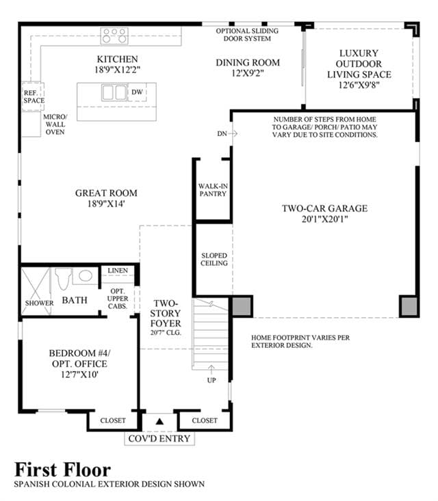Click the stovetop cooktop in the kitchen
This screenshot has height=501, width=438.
coord(114,36)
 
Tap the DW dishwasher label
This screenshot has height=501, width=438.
coord(137,92)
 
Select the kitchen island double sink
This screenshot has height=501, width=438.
coord(114,92)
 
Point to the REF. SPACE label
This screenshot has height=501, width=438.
coord(34,97)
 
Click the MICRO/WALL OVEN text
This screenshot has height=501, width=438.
coord(55,124)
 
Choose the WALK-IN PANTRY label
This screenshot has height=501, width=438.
coord(213,190)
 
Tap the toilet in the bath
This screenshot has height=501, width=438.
coord(62,279)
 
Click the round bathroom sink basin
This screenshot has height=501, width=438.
coord(86,275)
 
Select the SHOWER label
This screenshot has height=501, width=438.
coord(40,303)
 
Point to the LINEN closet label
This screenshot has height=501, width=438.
coord(118,270)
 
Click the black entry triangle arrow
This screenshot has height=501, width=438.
coord(159,422)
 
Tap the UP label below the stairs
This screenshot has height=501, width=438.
coord(211,380)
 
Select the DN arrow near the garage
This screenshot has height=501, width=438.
coord(233,133)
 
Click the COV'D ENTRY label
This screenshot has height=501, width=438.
coord(159,438)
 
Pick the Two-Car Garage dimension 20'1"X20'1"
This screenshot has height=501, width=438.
coord(324,219)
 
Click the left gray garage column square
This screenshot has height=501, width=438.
coord(241,306)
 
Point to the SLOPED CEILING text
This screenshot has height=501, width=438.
coord(214,259)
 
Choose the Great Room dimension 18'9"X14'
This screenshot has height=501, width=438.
coord(106,204)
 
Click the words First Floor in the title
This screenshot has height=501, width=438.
coord(63,470)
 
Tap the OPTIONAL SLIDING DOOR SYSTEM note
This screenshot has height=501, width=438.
coord(247,35)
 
